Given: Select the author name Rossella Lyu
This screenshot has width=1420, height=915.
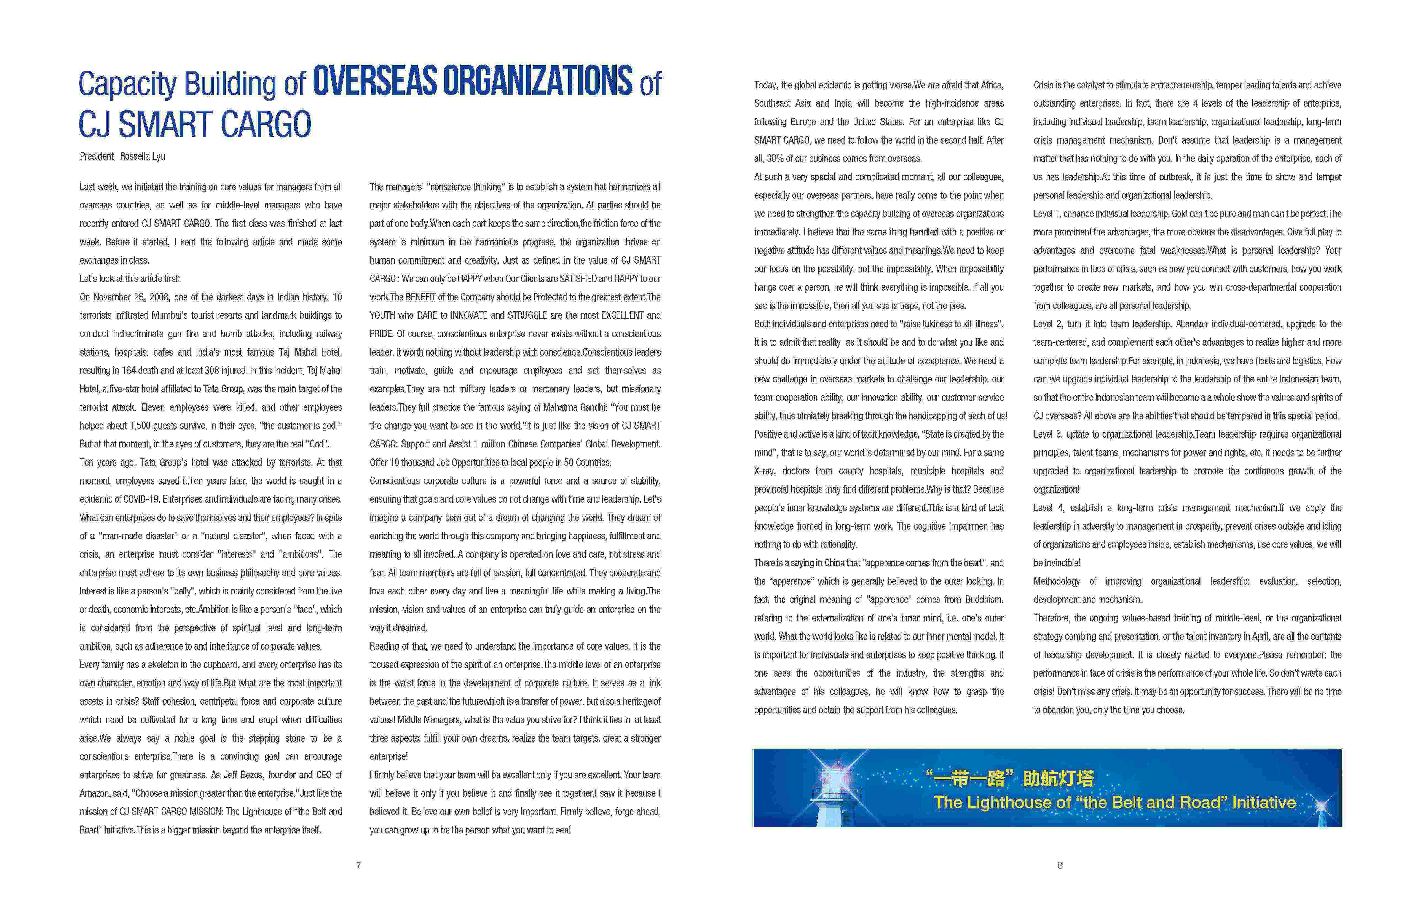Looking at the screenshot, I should pyautogui.click(x=143, y=156).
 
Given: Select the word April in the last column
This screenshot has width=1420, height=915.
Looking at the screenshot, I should pyautogui.click(x=1260, y=636).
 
